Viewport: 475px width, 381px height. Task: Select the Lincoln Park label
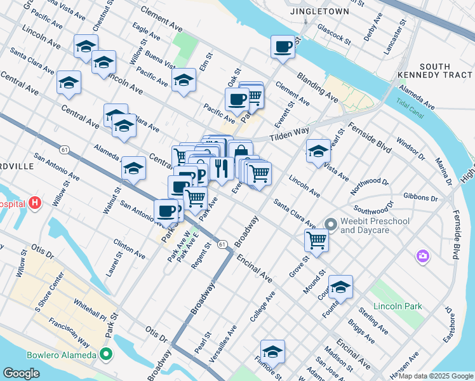(398, 306)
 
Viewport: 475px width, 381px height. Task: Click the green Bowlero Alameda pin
(106, 354)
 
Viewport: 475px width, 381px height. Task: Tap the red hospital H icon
(35, 204)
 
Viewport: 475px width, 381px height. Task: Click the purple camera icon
(422, 256)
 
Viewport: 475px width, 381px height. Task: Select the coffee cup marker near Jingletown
(283, 46)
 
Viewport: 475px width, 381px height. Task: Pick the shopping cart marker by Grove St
(316, 241)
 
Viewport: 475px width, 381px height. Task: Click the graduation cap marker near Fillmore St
(272, 351)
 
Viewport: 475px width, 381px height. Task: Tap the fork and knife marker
(221, 168)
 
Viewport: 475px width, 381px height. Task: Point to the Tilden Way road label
(288, 135)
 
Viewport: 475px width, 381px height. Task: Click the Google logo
(22, 373)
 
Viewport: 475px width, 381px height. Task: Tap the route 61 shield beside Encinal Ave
(222, 244)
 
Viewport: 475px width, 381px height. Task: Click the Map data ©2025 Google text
(435, 376)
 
